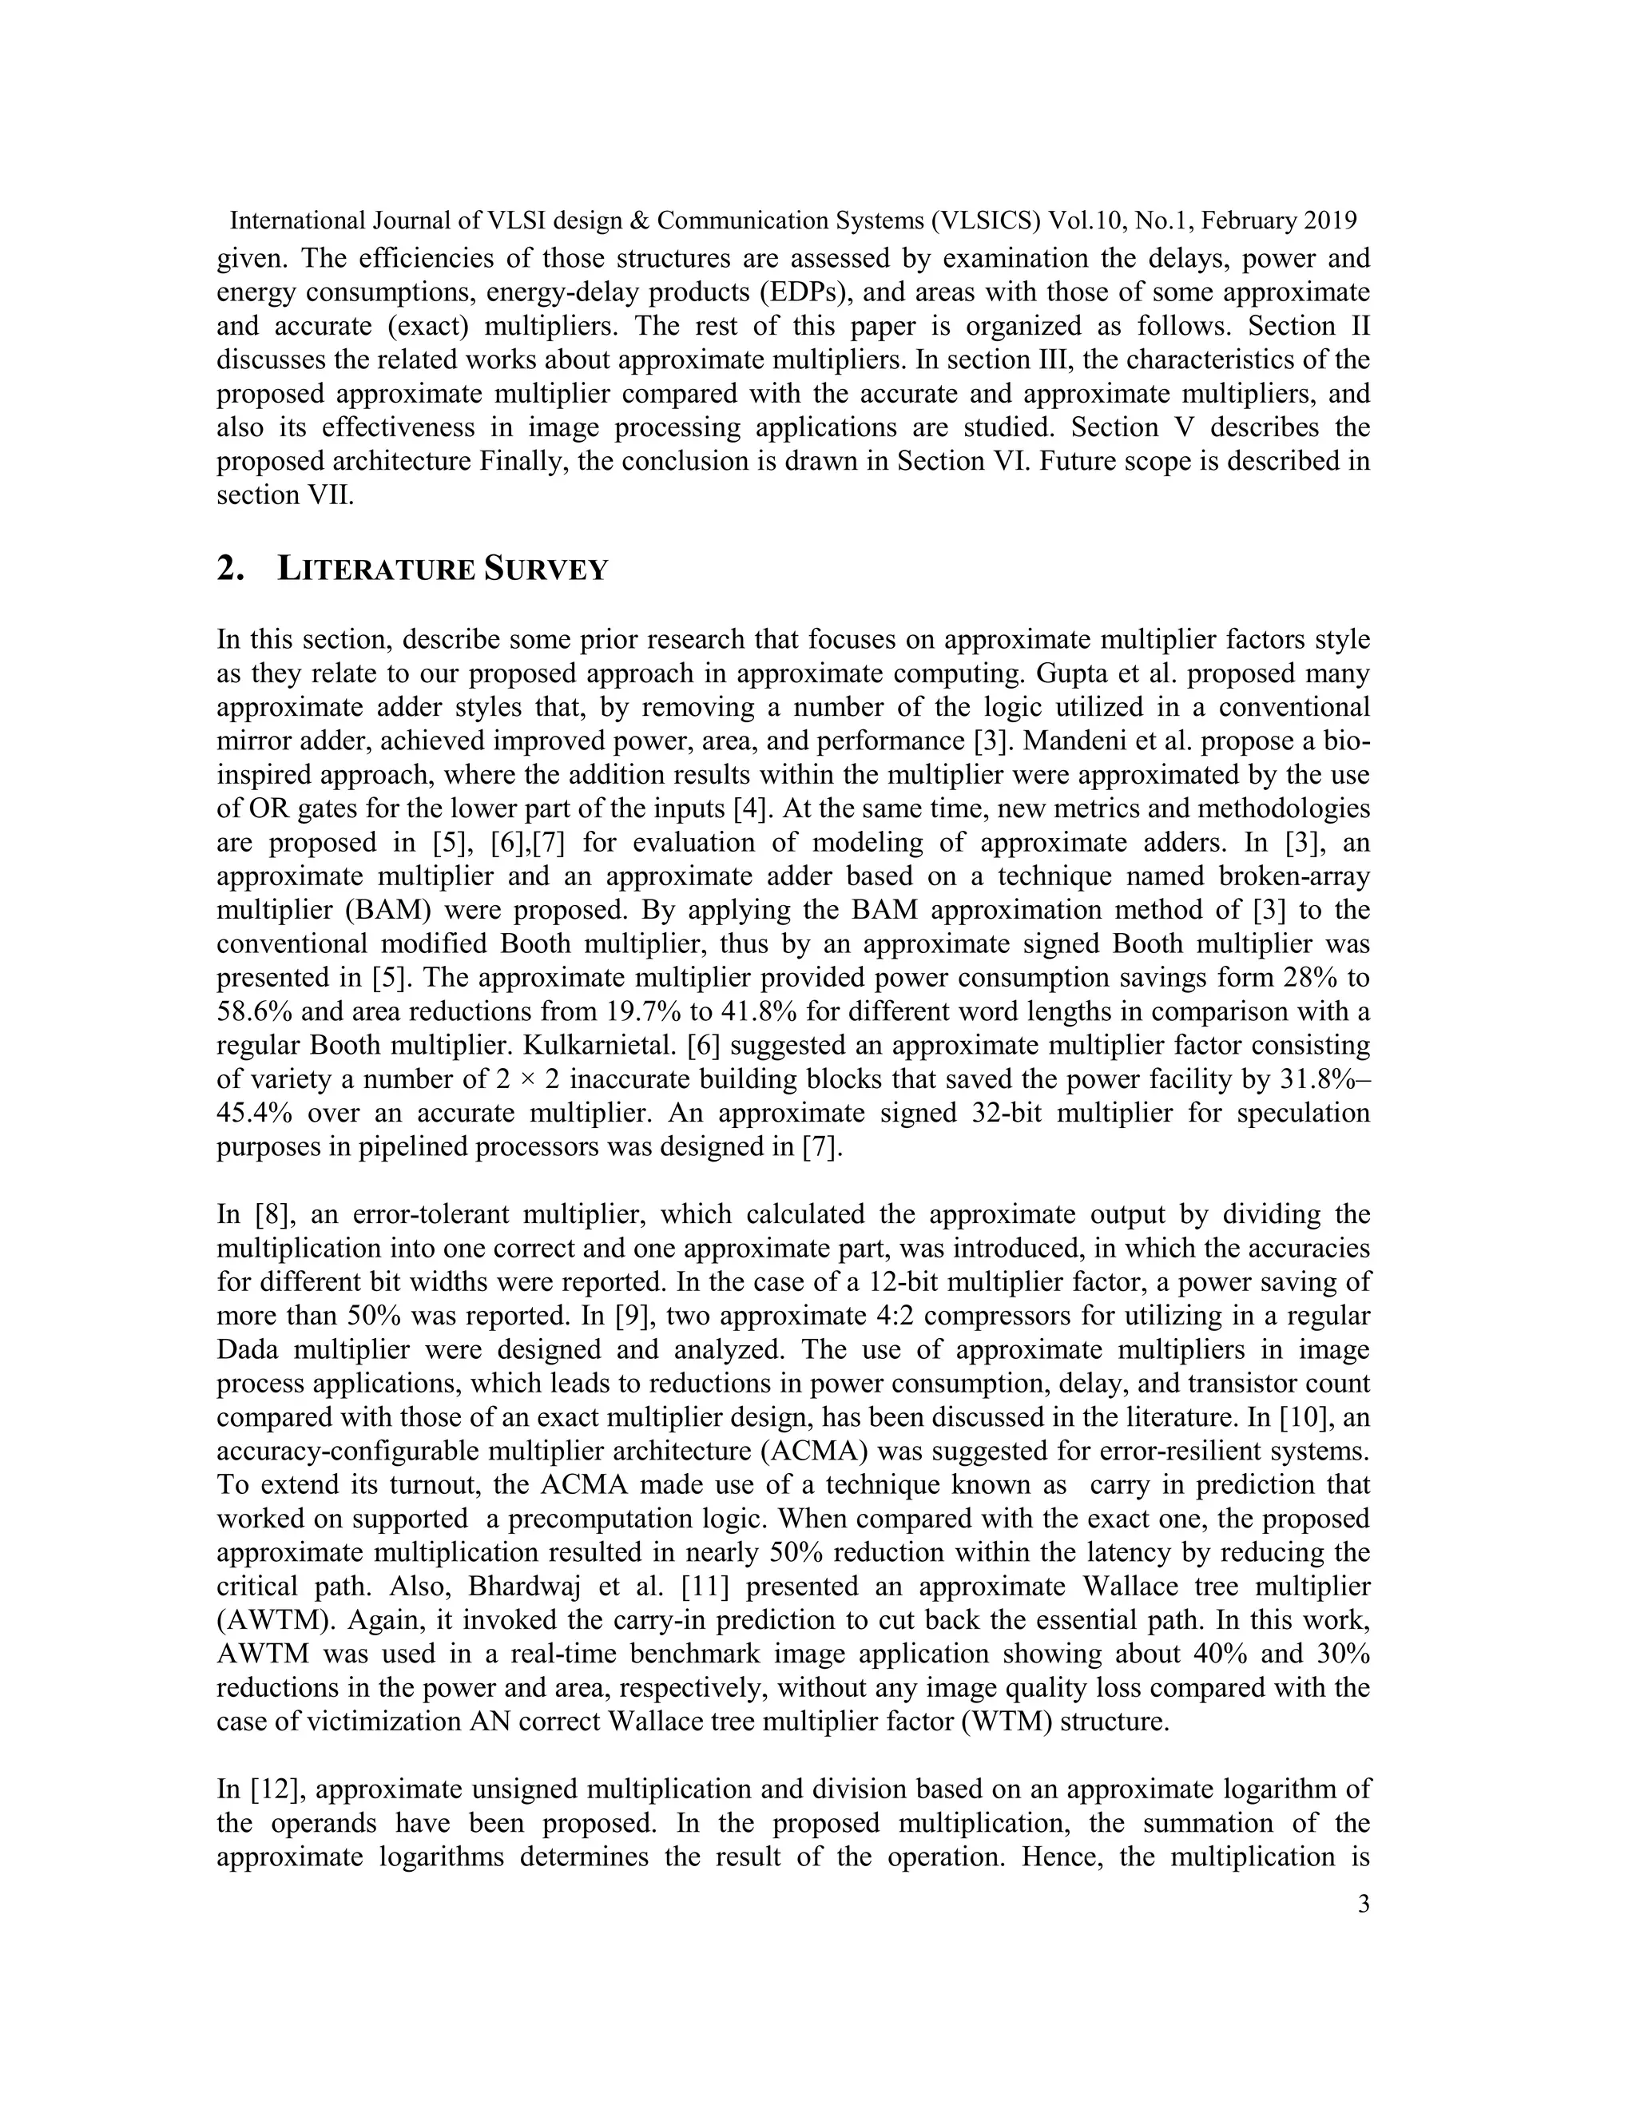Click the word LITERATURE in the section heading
(375, 569)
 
